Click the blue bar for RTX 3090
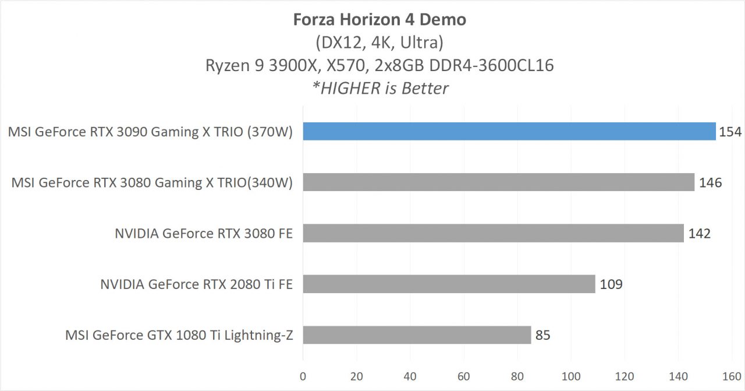point(509,132)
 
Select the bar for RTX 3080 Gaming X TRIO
point(498,182)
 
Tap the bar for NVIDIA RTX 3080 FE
point(493,234)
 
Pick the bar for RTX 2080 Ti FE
point(449,284)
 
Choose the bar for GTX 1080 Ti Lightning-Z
point(417,335)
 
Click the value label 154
point(730,132)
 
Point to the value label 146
point(710,182)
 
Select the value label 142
point(699,234)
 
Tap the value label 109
point(611,284)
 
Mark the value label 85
point(543,335)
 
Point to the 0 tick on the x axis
point(303,376)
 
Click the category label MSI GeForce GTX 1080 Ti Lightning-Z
point(179,335)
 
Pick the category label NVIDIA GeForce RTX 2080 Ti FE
point(196,284)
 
